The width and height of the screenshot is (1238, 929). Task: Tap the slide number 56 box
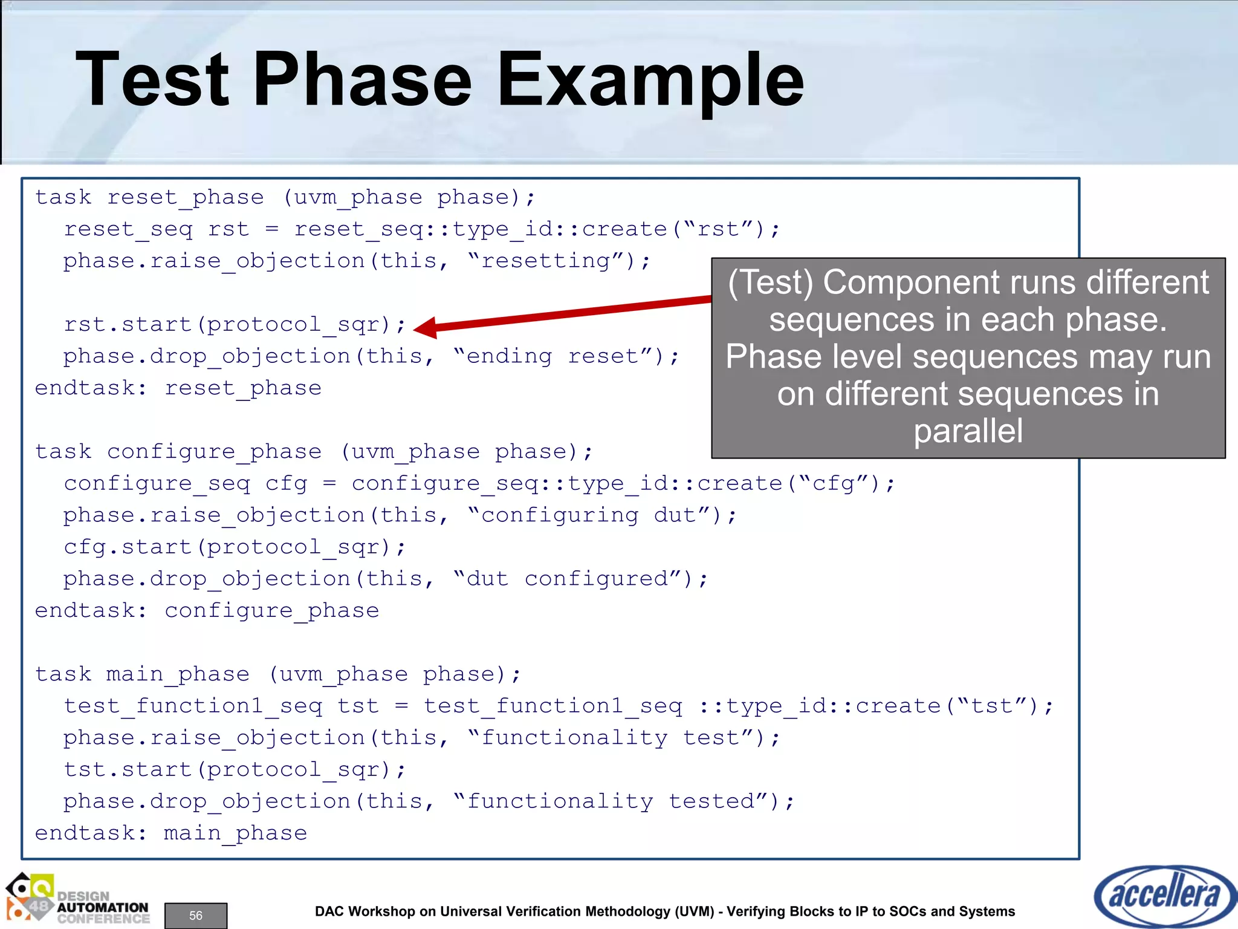pos(196,915)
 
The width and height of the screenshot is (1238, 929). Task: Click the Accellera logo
pos(1164,895)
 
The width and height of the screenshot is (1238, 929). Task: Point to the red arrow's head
pos(423,327)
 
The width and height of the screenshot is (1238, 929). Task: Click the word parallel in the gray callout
pos(968,431)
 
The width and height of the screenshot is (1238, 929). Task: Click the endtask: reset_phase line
pos(178,388)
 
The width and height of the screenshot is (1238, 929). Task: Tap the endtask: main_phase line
pos(171,833)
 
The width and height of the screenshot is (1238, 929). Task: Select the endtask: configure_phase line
pos(207,611)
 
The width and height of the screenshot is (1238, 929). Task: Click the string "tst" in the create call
pos(992,706)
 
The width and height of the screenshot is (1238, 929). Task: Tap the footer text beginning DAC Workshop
pos(665,911)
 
